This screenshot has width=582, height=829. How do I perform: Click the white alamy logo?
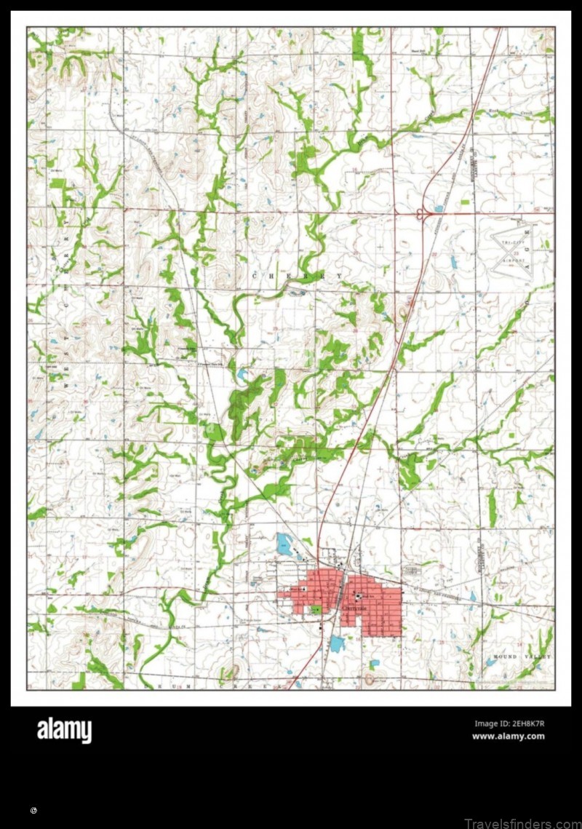click(65, 730)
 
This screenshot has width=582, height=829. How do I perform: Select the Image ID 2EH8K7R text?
click(509, 723)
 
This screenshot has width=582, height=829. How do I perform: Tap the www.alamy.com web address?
click(508, 736)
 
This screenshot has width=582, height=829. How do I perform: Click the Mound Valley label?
click(519, 657)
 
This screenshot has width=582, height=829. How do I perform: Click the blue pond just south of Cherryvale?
click(336, 643)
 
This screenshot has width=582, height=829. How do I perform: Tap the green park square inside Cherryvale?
click(316, 608)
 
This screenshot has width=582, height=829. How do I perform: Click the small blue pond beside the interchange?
click(438, 209)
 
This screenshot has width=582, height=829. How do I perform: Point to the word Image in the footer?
click(486, 723)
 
